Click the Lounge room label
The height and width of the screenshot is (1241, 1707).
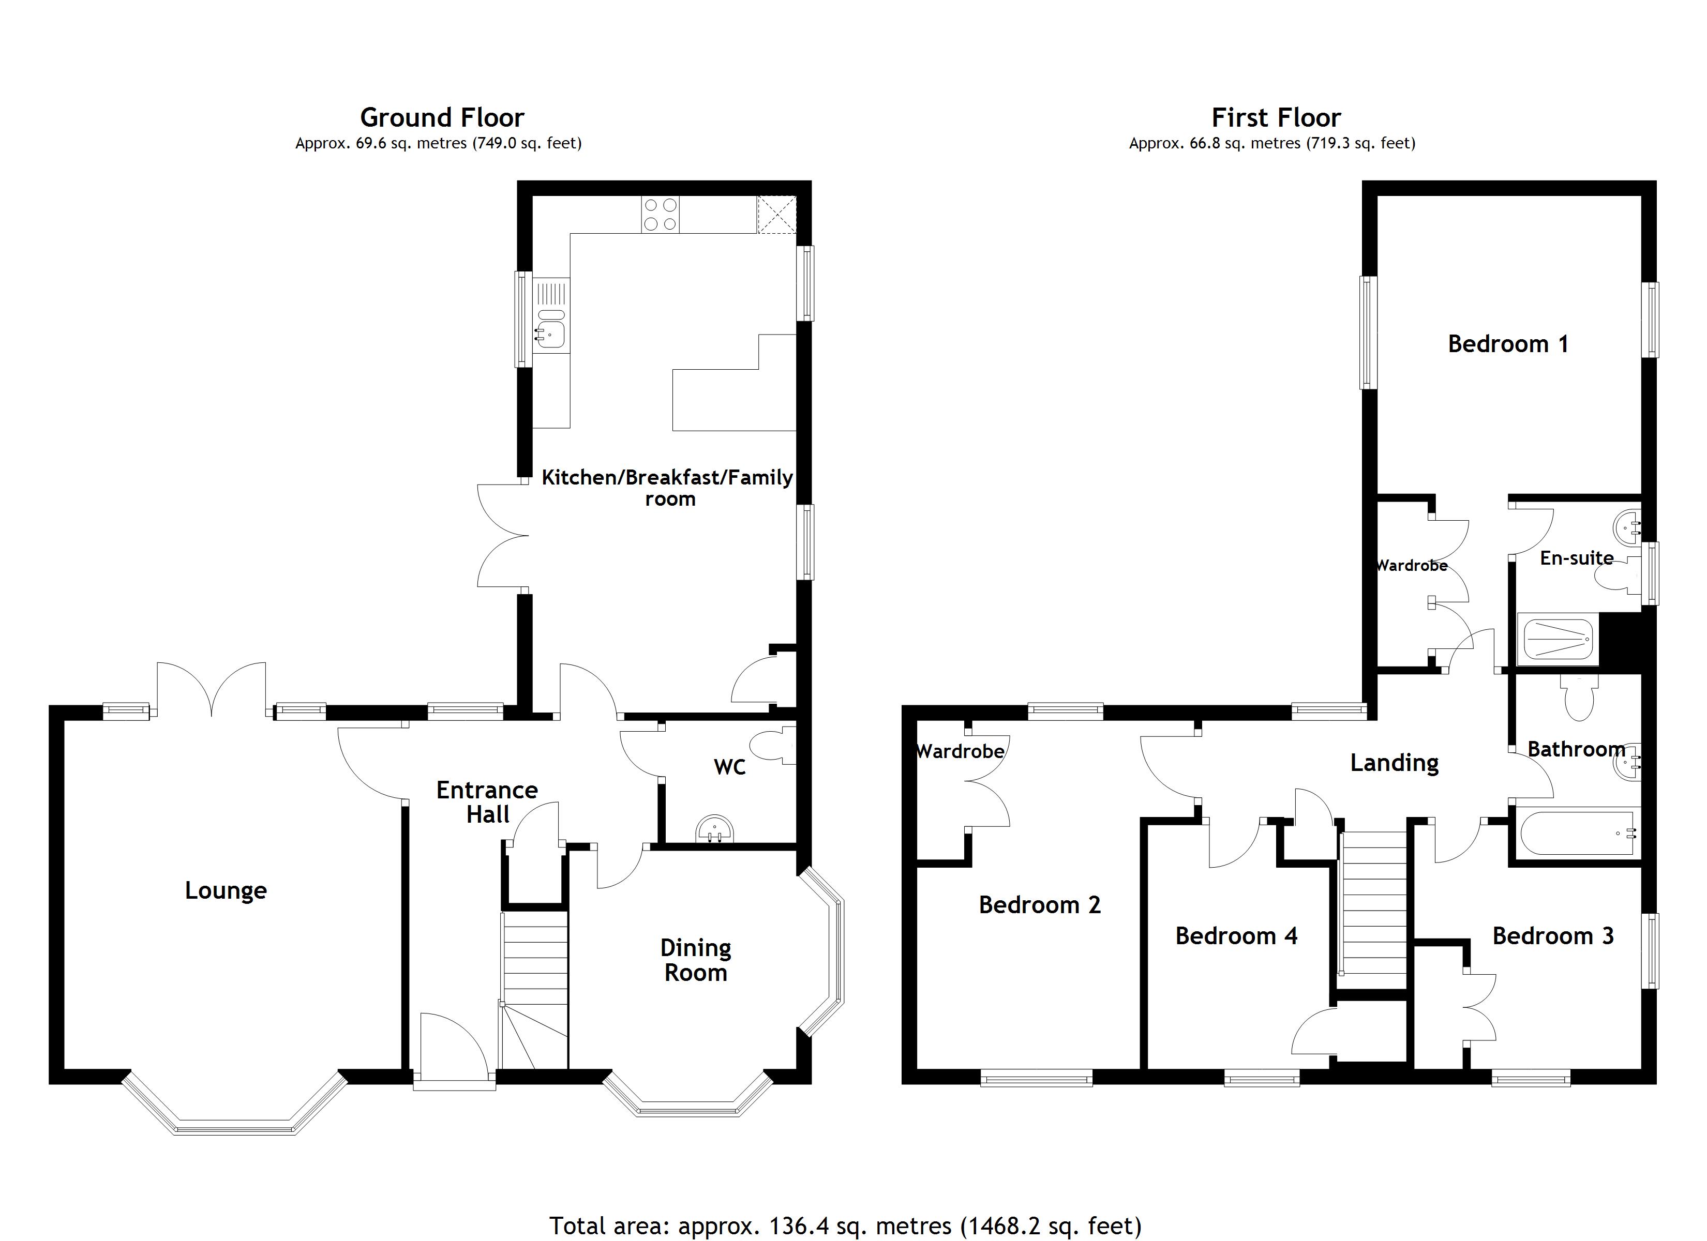coord(226,890)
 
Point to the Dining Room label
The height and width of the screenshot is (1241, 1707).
coord(695,960)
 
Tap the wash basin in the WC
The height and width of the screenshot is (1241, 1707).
coord(714,830)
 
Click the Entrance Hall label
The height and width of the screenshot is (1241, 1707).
coord(487,801)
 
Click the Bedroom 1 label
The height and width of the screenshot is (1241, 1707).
coord(1507,344)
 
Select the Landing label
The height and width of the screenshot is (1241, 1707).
coord(1394,762)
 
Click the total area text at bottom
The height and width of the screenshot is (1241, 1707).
coord(845,1225)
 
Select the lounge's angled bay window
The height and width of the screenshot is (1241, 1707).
coord(234,1112)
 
